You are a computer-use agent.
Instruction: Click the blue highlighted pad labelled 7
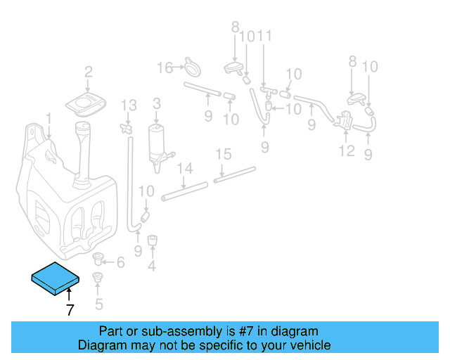(x=55, y=278)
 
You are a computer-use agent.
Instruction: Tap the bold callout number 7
(x=70, y=310)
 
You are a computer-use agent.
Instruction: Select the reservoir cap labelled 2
(x=86, y=104)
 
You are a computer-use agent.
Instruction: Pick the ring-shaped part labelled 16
(x=193, y=68)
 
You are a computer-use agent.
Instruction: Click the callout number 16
(x=165, y=68)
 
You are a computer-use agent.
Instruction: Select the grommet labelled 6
(x=98, y=259)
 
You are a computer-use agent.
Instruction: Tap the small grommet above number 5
(x=98, y=277)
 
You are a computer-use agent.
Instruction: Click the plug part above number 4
(x=152, y=240)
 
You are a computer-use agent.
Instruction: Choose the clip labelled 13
(x=127, y=128)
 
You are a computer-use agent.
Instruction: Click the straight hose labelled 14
(x=184, y=191)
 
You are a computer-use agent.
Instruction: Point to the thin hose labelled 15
(x=234, y=174)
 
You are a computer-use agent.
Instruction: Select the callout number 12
(x=347, y=150)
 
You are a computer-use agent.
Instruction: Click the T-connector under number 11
(x=269, y=91)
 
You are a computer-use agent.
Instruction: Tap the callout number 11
(x=264, y=36)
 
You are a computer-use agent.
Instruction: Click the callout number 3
(x=157, y=104)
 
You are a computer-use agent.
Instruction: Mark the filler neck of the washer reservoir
(x=82, y=155)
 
